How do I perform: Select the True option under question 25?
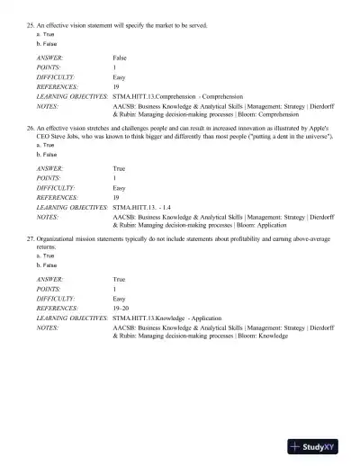(x=41, y=36)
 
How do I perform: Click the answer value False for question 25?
(x=120, y=57)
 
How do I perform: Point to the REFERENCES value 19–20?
(x=121, y=307)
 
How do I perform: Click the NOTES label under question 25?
(x=48, y=106)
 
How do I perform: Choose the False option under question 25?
(x=41, y=43)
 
